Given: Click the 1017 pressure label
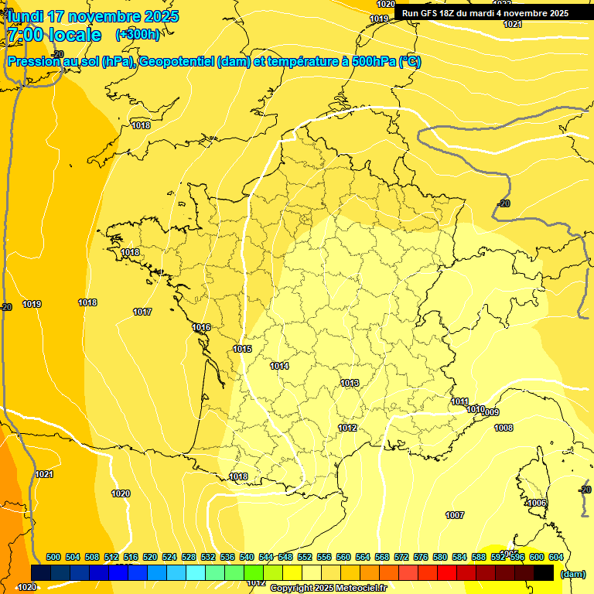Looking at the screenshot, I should pos(142,312).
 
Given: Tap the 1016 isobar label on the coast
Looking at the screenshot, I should pos(202,327).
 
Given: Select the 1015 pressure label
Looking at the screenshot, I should pos(243,349).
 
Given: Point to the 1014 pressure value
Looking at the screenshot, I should pos(280,366).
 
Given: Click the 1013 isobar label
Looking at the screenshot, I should pos(350,383).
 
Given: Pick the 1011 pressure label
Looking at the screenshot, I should pos(460,401).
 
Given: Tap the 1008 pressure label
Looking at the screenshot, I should pos(504,428).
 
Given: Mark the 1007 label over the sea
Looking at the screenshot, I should pos(455,515).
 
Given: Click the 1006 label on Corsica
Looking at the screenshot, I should pos(537,504).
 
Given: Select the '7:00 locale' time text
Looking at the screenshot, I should pos(54,35).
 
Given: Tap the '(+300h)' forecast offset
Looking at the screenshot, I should pos(138,35).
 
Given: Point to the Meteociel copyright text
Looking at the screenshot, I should pos(328,589).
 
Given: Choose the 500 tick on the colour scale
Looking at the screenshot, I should pos(53,557).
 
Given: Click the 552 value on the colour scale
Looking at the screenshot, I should pos(305,557).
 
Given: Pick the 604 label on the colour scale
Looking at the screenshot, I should pos(555,557).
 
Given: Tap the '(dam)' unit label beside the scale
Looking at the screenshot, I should pos(572,574).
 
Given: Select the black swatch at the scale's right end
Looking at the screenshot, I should pos(544,572).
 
